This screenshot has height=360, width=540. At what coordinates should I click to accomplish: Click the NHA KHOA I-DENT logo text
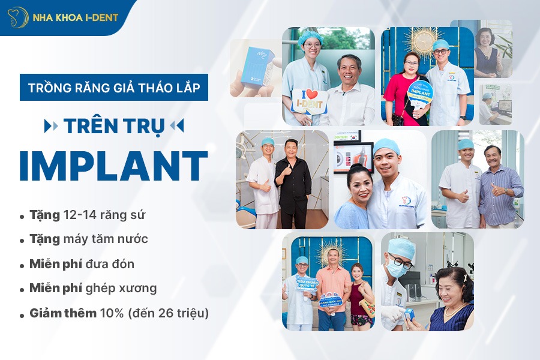pyautogui.click(x=75, y=17)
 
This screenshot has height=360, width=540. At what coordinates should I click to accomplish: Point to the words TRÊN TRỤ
pyautogui.click(x=114, y=126)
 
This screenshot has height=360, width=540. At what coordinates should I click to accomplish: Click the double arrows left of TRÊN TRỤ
pyautogui.click(x=52, y=126)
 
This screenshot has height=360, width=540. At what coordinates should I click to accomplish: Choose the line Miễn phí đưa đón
pyautogui.click(x=82, y=264)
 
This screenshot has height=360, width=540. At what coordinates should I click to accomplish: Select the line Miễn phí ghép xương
pyautogui.click(x=93, y=288)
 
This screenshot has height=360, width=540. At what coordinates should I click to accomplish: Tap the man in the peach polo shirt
pyautogui.click(x=332, y=288)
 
